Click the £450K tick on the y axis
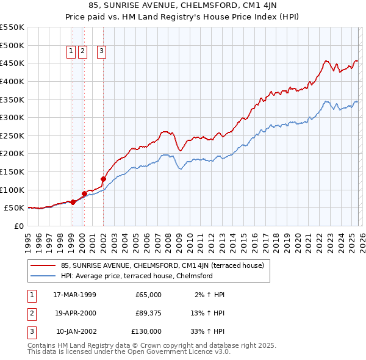(12, 63)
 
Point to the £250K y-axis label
(12, 135)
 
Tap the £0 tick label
(18, 226)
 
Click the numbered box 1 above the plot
(72, 52)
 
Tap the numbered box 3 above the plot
(101, 52)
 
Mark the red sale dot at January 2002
(103, 179)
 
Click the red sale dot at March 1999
(73, 202)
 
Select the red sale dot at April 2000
(84, 193)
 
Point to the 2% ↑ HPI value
(210, 295)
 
